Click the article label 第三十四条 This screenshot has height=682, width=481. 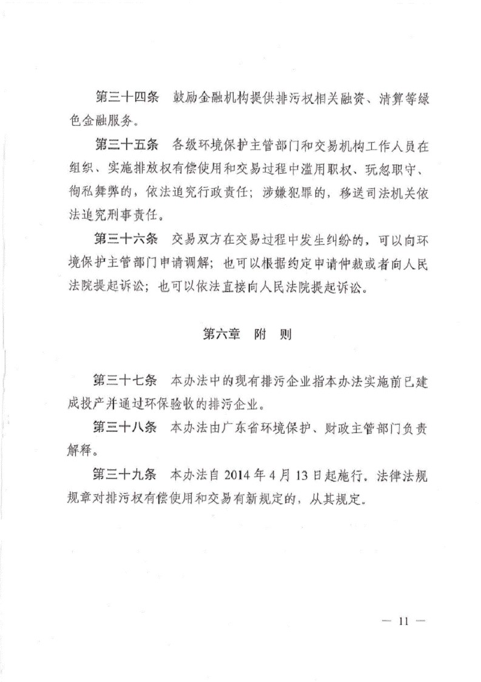pyautogui.click(x=127, y=98)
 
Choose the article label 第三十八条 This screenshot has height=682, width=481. pyautogui.click(x=126, y=427)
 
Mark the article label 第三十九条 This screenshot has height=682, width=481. pyautogui.click(x=126, y=474)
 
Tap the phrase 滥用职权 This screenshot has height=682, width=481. pyautogui.click(x=318, y=169)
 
